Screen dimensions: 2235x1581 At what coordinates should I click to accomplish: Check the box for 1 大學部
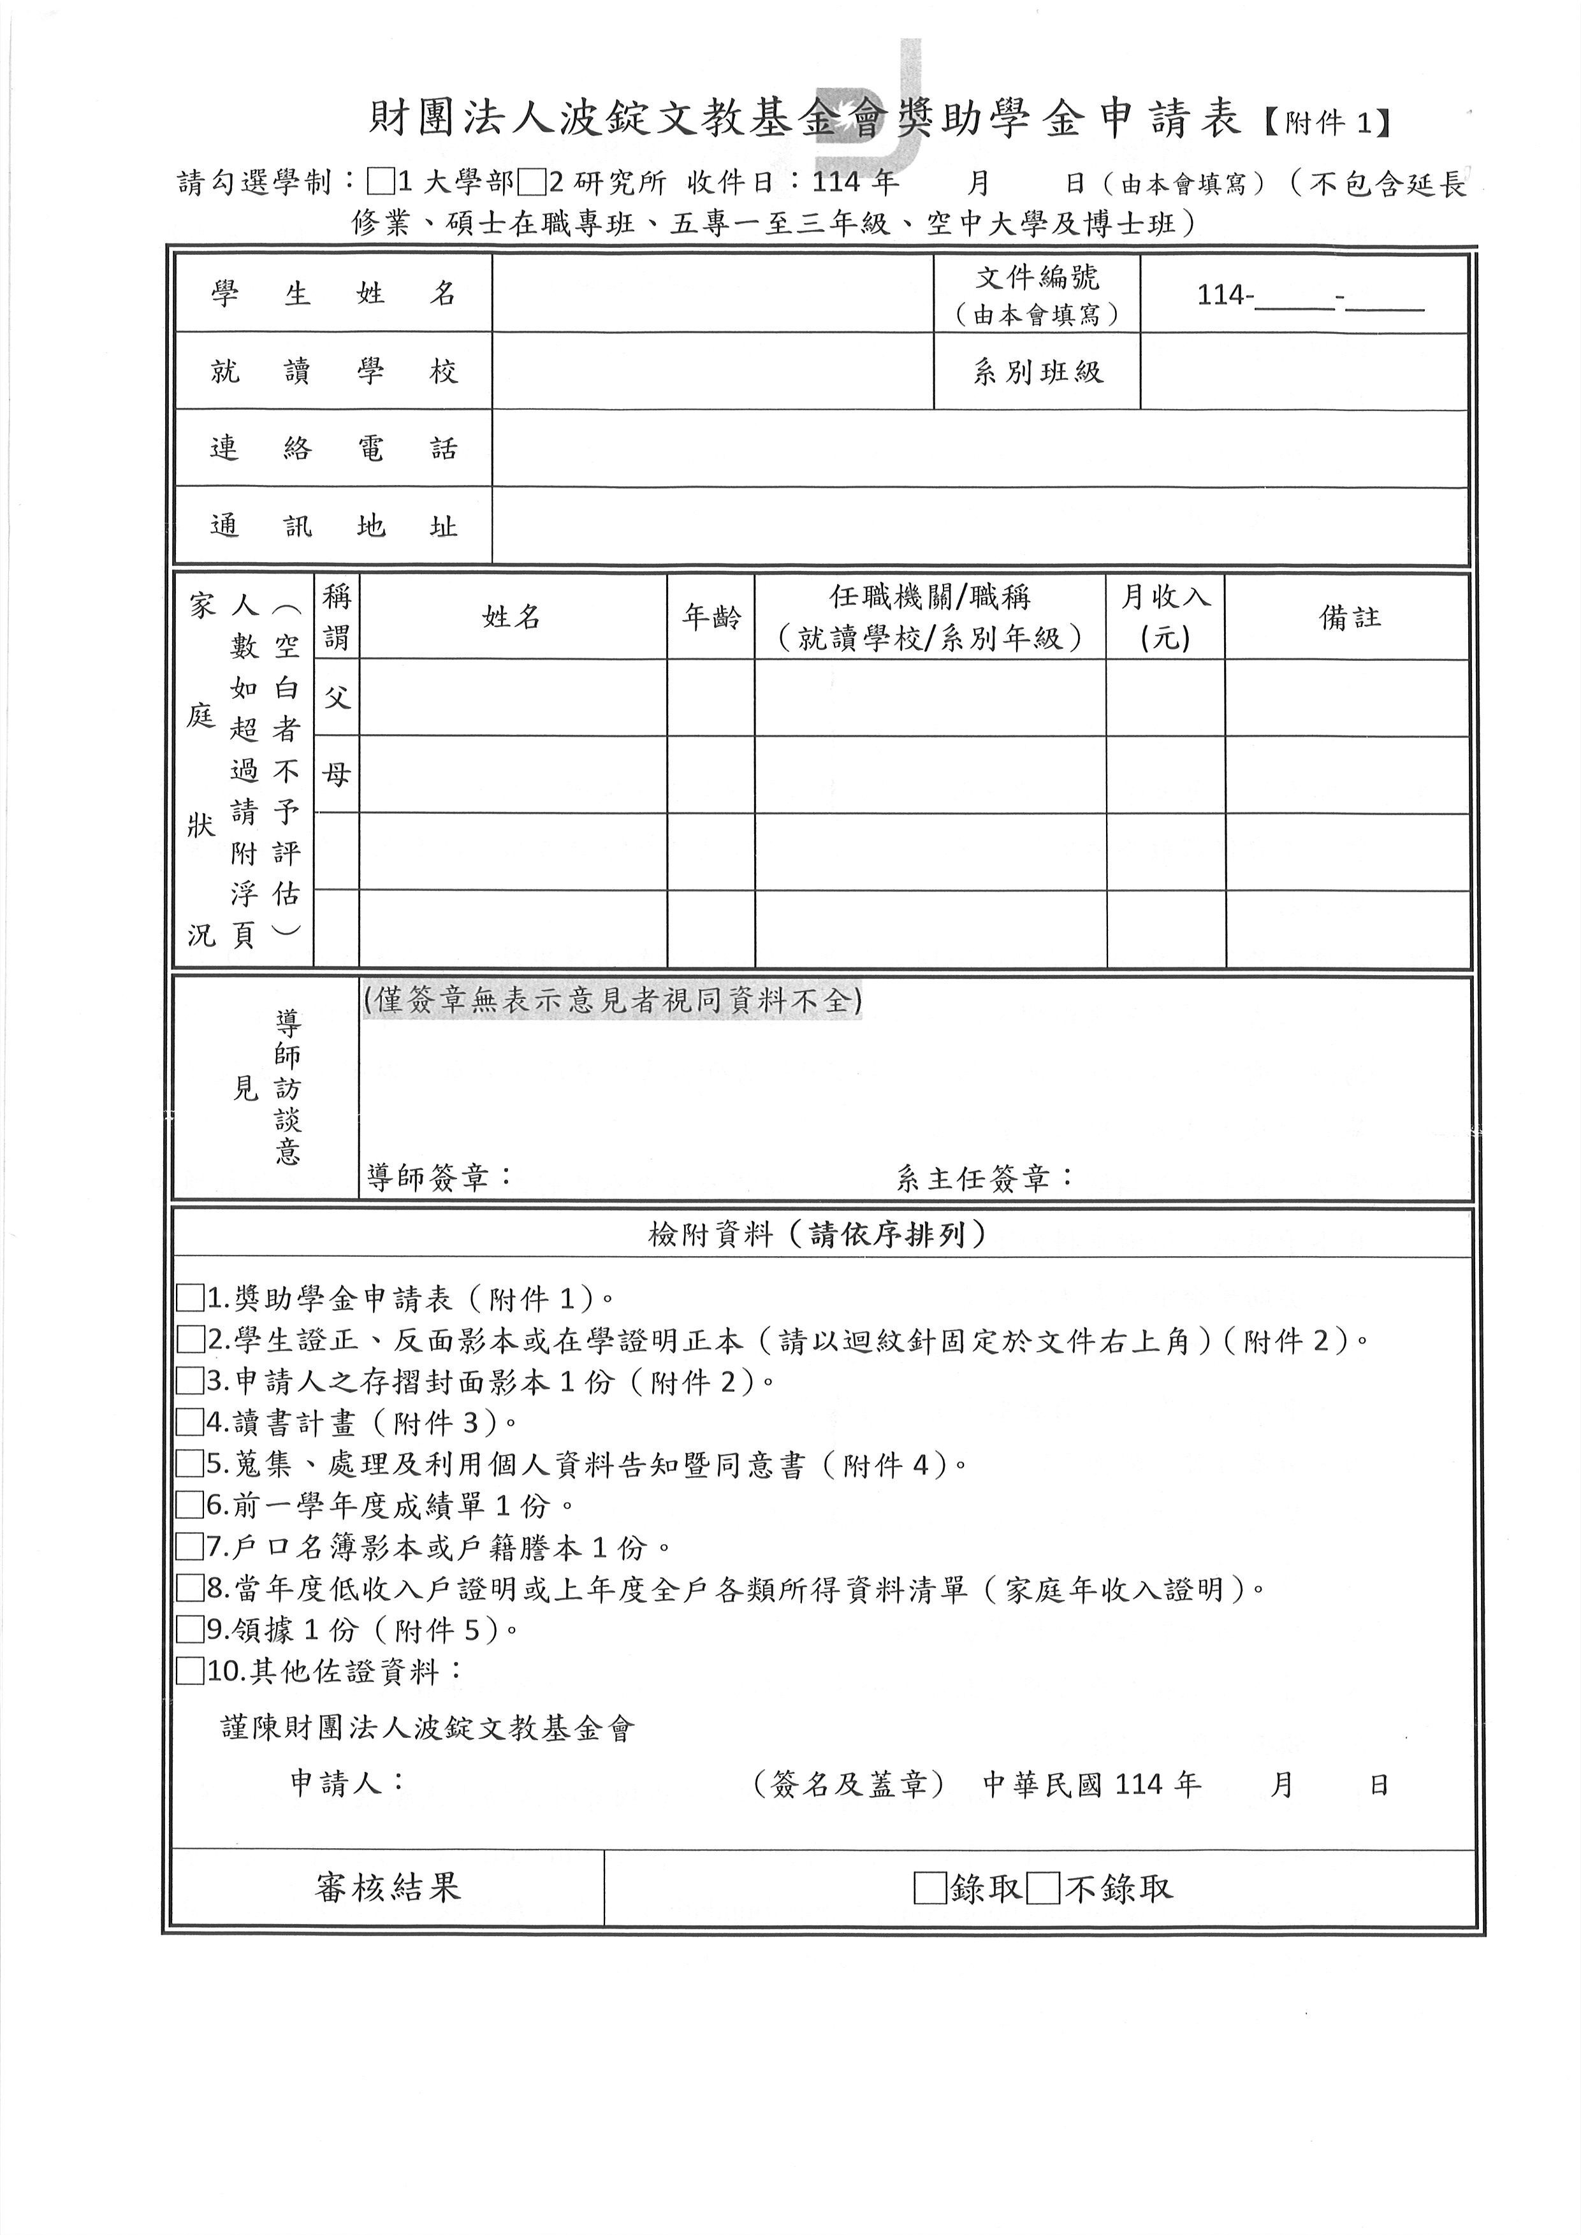pos(381,182)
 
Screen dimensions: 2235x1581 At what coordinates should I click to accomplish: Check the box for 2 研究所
pos(532,182)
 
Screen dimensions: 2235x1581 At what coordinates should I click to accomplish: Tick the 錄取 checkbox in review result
pos(929,1888)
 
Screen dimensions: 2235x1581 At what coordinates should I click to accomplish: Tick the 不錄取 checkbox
pos(1044,1888)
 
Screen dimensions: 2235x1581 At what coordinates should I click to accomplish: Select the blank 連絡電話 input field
pos(979,448)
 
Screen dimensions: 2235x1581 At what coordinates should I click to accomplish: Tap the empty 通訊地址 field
pos(979,526)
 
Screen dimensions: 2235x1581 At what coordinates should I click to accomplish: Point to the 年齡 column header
pos(711,617)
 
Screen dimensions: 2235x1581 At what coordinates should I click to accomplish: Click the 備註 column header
pos(1348,617)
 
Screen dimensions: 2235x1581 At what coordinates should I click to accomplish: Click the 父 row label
pos(336,697)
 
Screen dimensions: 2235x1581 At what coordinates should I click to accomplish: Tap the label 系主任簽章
pos(983,1178)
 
